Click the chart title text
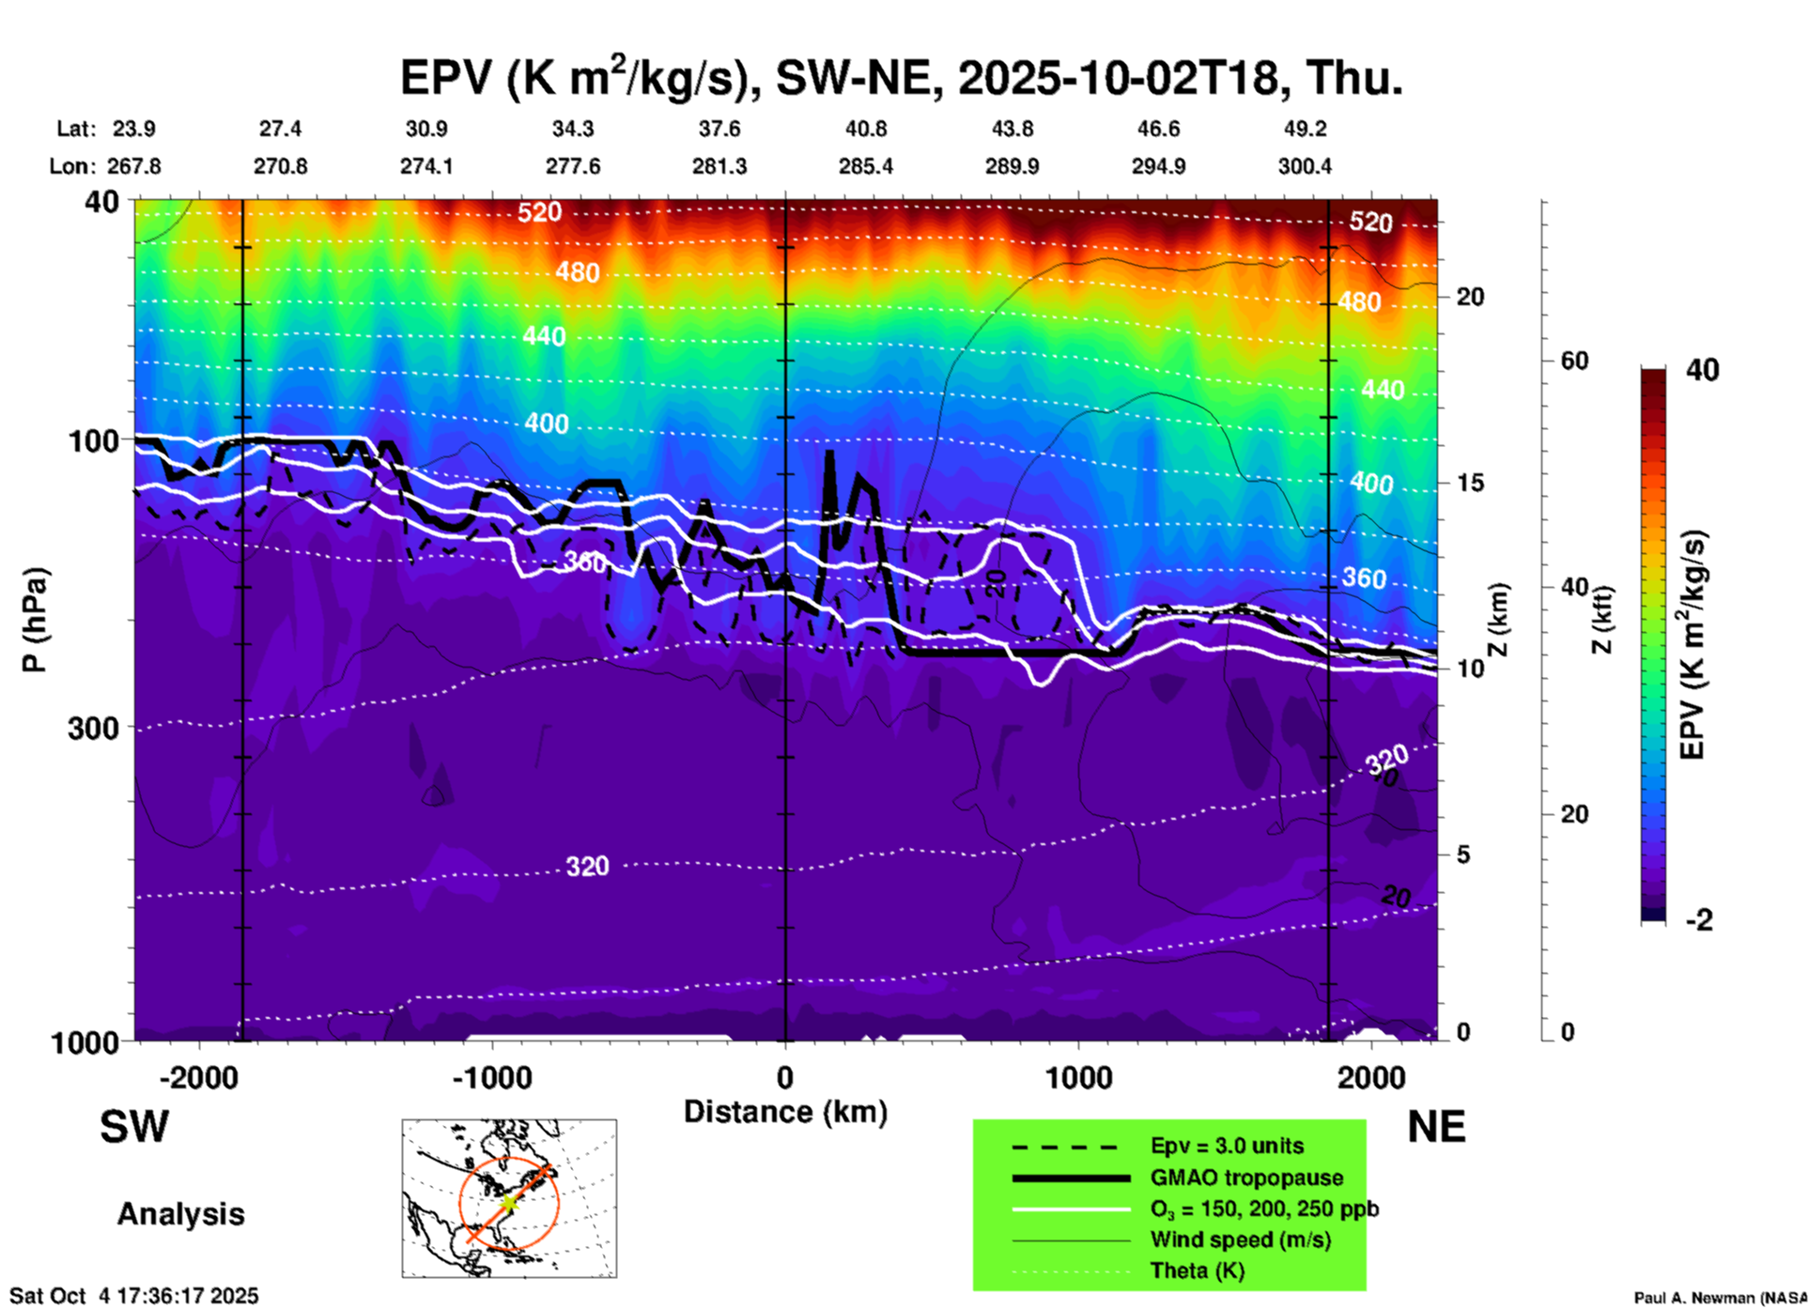(902, 77)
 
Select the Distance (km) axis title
(785, 1112)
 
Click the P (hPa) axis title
(34, 620)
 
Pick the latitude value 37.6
(719, 129)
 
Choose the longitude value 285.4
(866, 166)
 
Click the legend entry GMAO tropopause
(1246, 1178)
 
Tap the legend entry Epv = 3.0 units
(1227, 1146)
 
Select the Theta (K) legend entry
(1197, 1270)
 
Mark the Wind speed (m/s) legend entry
(1240, 1240)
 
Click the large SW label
(134, 1127)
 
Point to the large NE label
(1436, 1127)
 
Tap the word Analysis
(180, 1213)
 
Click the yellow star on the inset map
(508, 1202)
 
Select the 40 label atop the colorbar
(1702, 370)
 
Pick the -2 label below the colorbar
(1699, 920)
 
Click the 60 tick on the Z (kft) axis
(1574, 361)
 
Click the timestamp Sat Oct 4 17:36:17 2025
(133, 1296)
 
